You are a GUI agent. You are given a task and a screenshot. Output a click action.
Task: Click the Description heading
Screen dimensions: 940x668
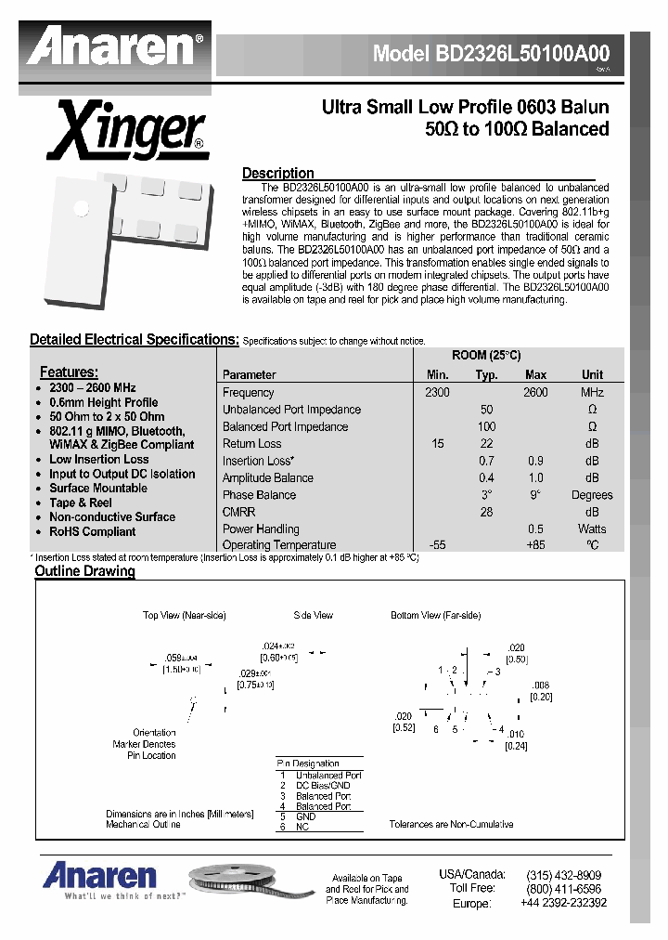(277, 174)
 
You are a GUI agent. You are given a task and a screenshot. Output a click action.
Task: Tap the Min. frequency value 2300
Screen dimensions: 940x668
(437, 393)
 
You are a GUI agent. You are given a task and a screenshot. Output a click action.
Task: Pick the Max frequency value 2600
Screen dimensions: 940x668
(535, 393)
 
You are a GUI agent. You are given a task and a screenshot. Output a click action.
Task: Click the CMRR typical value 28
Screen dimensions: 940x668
(486, 512)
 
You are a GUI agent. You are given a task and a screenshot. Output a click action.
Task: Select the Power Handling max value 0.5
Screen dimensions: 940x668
(535, 529)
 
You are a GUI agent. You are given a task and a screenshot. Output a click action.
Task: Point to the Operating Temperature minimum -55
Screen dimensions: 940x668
(437, 545)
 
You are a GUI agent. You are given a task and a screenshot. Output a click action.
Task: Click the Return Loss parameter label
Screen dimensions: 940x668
(251, 444)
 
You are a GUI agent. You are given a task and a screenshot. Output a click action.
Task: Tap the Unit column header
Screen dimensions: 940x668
(592, 375)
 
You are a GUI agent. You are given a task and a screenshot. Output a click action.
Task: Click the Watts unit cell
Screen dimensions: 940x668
(592, 529)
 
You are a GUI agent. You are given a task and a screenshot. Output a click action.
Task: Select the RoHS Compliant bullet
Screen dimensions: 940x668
(92, 532)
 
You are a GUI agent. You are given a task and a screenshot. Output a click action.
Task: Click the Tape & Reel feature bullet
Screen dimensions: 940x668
(81, 503)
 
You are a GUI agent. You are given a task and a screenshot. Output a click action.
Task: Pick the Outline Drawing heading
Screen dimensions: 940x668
(84, 571)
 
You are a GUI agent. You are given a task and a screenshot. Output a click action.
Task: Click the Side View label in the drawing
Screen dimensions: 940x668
(313, 616)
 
